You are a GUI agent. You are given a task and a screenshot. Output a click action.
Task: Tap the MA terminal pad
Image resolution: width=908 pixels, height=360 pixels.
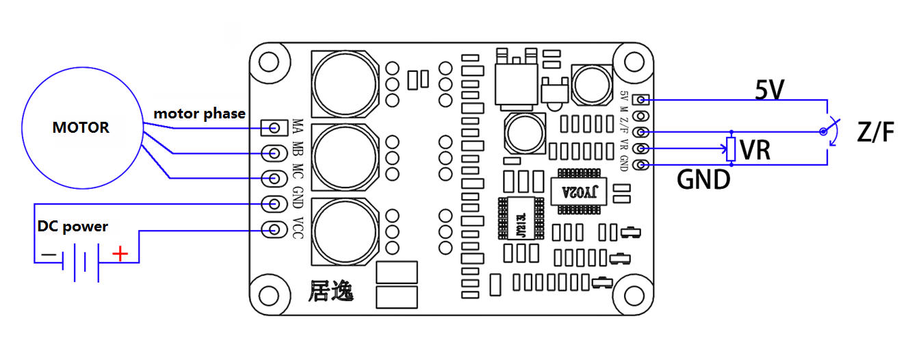pyautogui.click(x=275, y=127)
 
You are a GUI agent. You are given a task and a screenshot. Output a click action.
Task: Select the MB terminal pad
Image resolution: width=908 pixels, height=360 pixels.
pyautogui.click(x=275, y=153)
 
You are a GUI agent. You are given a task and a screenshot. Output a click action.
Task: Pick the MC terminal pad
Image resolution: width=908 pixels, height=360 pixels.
pyautogui.click(x=275, y=178)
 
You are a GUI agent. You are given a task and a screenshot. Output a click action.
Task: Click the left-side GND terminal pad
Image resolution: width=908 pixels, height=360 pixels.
pyautogui.click(x=275, y=203)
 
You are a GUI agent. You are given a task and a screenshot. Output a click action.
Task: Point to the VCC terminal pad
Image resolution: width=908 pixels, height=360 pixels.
pyautogui.click(x=275, y=229)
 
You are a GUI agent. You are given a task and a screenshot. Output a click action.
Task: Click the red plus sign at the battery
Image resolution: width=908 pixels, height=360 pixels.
pyautogui.click(x=120, y=255)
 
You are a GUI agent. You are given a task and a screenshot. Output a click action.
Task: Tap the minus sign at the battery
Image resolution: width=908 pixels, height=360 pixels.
pyautogui.click(x=49, y=255)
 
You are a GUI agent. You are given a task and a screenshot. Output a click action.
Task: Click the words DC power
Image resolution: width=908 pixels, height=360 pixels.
pyautogui.click(x=73, y=227)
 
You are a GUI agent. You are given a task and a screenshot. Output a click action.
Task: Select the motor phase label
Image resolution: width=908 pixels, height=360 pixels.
pyautogui.click(x=199, y=114)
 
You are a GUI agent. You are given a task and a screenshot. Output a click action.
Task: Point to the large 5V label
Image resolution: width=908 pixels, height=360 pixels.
pyautogui.click(x=769, y=89)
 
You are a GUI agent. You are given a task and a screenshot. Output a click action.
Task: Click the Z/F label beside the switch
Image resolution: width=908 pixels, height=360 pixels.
pyautogui.click(x=874, y=133)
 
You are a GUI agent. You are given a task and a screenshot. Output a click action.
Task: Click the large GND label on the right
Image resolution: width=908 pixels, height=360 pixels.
pyautogui.click(x=703, y=180)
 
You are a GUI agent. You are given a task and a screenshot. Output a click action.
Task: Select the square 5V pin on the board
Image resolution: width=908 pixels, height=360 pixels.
pyautogui.click(x=641, y=100)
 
